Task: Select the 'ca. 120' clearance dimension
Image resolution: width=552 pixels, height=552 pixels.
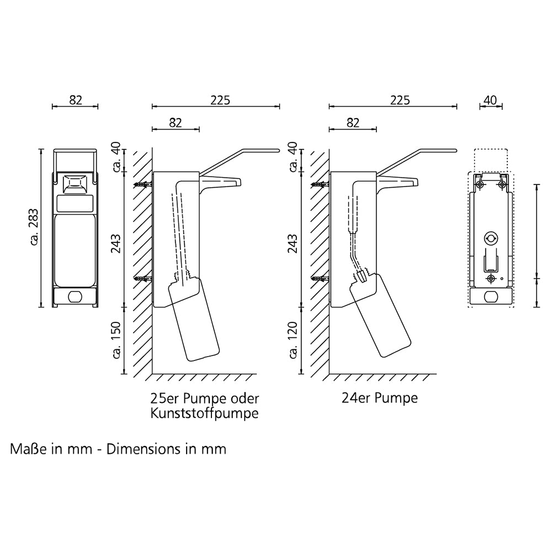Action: (x=293, y=339)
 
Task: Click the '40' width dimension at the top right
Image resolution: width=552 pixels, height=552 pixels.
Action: (x=490, y=100)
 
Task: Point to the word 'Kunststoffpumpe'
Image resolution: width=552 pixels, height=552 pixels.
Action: (x=204, y=413)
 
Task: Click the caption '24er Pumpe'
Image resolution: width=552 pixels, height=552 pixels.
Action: (x=380, y=398)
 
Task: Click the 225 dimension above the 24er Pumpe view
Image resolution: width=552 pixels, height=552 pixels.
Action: (x=400, y=100)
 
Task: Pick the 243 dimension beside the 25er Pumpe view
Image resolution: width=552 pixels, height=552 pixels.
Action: (x=117, y=243)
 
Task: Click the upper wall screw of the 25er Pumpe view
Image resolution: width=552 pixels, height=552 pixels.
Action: (x=142, y=184)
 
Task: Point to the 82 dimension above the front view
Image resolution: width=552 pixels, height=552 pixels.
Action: (x=76, y=100)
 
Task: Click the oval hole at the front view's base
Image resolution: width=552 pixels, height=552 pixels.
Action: (x=75, y=297)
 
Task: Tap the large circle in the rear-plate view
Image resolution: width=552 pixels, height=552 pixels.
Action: (x=490, y=238)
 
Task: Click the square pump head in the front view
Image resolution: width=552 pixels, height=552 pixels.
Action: (x=75, y=184)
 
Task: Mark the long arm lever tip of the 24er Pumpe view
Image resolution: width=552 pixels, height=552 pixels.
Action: (x=454, y=151)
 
